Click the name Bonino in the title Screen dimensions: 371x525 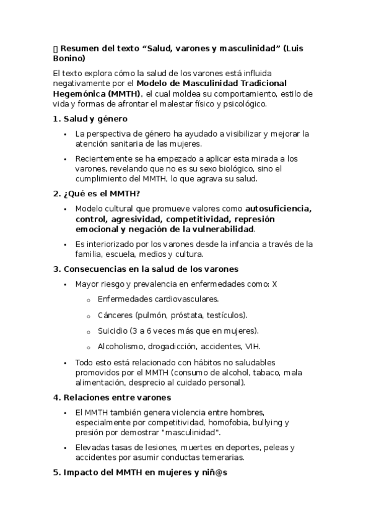point(68,58)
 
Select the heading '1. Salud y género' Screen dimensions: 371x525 point(90,118)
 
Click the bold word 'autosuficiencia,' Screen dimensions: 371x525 point(278,207)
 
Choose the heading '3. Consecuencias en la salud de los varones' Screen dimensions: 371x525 point(146,269)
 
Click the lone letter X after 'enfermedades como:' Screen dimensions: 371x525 point(274,284)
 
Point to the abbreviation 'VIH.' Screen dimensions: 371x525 point(253,346)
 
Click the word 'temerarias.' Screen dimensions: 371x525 point(222,458)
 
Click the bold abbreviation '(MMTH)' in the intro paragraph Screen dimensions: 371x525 point(123,93)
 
